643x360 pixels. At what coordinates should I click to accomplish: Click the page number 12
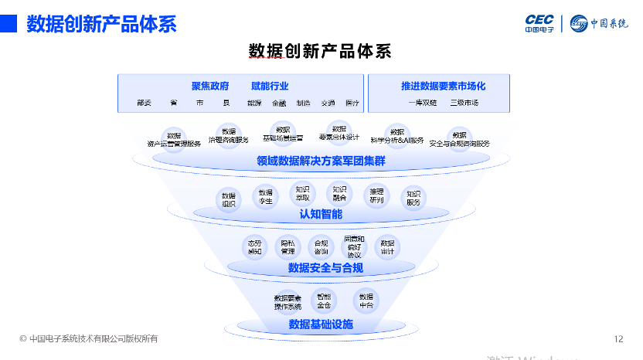618,338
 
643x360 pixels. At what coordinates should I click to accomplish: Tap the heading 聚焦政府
210,86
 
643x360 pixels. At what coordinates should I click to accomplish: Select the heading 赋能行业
270,86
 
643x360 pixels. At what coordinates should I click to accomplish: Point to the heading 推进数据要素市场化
443,86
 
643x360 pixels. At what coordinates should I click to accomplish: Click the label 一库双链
423,103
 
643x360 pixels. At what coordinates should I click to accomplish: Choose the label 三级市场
464,103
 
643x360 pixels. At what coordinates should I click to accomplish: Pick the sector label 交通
328,103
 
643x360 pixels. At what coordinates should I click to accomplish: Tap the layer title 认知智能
321,214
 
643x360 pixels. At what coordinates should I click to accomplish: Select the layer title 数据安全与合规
325,268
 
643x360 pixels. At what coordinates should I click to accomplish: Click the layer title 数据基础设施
321,324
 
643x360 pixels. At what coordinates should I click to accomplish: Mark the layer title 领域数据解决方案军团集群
321,161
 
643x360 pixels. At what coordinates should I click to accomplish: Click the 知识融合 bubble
339,193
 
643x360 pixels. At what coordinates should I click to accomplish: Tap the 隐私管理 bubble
288,246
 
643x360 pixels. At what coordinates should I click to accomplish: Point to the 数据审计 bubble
387,246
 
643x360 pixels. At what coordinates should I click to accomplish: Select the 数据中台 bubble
366,301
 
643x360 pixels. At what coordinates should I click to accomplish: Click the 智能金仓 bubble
323,300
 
